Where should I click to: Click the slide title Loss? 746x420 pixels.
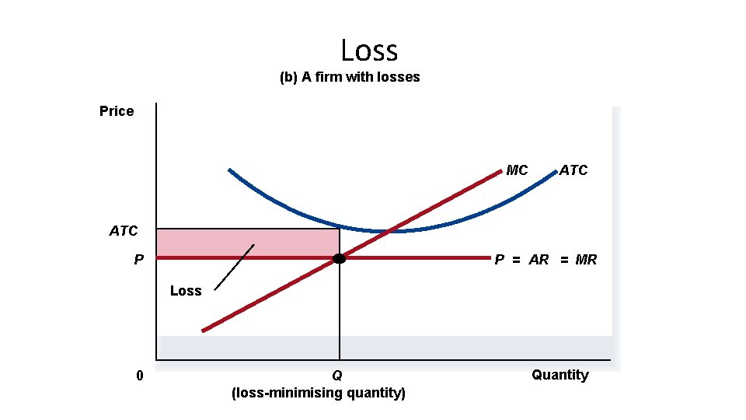click(369, 51)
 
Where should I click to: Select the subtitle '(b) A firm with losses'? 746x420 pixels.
click(350, 77)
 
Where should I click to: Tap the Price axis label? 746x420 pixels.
click(117, 111)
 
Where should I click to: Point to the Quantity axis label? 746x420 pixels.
click(560, 375)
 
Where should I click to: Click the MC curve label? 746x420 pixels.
click(517, 170)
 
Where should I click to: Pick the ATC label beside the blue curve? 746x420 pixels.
click(573, 170)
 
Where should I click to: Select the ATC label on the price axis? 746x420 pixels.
click(124, 231)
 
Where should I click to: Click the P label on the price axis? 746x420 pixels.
click(138, 260)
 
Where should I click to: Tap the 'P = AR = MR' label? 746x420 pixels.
click(546, 260)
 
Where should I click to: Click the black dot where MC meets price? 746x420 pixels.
click(340, 258)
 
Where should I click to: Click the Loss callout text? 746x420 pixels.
click(186, 291)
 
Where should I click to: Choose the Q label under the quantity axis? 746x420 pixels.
click(336, 376)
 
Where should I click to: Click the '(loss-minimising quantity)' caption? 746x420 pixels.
click(319, 393)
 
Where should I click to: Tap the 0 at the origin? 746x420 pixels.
click(139, 376)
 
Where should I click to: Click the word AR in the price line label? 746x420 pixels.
click(539, 260)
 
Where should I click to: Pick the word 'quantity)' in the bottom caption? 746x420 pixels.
click(376, 393)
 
